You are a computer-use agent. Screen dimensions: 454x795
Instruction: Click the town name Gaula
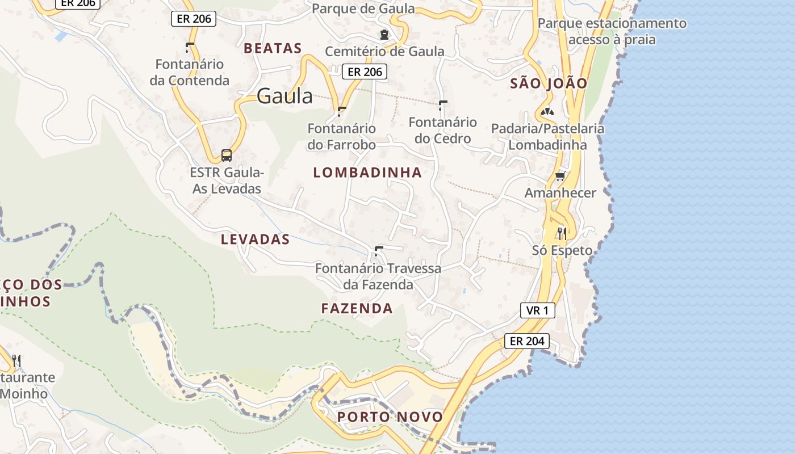point(284,96)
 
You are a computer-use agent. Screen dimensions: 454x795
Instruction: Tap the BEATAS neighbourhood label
point(273,48)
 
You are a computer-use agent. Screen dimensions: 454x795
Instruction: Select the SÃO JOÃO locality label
point(549,83)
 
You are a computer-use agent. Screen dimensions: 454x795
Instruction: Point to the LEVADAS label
point(255,239)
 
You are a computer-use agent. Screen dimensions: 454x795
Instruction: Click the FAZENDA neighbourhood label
point(357,309)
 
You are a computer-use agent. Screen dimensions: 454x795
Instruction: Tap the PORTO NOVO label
point(390,417)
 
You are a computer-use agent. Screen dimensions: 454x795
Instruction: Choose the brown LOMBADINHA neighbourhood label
point(367,173)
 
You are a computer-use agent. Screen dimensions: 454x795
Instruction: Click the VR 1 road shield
point(537,310)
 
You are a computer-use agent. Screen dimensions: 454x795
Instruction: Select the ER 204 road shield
point(527,341)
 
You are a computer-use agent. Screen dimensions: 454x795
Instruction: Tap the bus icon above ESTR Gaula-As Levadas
point(226,155)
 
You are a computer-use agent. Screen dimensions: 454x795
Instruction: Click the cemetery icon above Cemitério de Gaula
point(384,34)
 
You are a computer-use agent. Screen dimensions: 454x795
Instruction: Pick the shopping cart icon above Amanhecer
point(560,176)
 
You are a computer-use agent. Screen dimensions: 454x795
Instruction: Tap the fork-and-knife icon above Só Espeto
point(562,233)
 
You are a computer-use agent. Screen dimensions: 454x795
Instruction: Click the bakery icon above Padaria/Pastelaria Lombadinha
point(547,112)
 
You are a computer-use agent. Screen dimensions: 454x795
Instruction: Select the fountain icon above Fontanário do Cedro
point(442,105)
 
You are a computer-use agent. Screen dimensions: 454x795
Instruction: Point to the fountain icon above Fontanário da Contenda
point(189,47)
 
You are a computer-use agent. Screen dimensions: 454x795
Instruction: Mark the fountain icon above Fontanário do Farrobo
point(341,111)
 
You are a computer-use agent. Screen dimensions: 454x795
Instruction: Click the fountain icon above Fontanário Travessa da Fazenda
point(378,251)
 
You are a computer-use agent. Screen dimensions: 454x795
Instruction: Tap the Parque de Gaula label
point(363,9)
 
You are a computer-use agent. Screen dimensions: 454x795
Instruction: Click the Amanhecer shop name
point(560,193)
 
